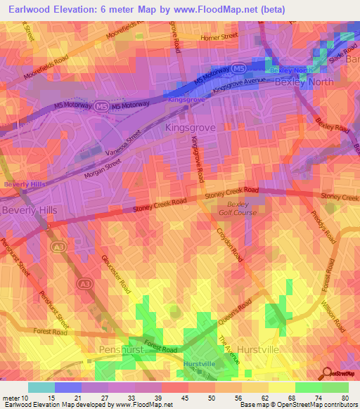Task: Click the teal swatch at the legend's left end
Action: click(41, 387)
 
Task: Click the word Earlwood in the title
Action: click(30, 11)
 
